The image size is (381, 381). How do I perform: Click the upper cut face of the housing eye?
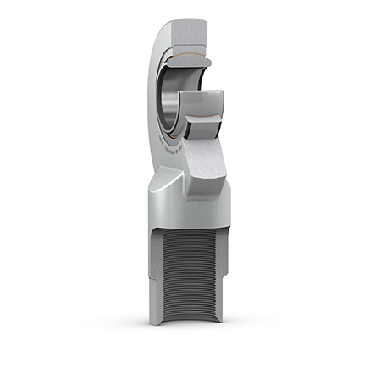(x=190, y=31)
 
